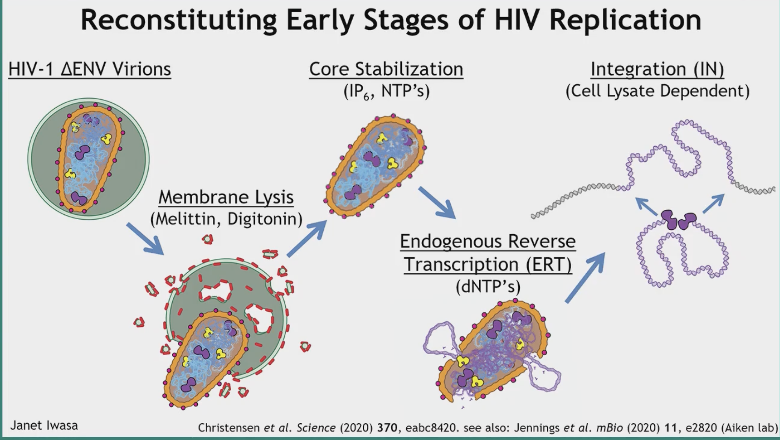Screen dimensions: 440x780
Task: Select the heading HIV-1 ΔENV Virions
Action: click(x=90, y=69)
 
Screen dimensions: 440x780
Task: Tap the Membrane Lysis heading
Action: click(x=226, y=197)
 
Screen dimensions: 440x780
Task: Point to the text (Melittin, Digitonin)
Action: click(x=226, y=219)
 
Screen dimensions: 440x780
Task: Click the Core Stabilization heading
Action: click(x=386, y=69)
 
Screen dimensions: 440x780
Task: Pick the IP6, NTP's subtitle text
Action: click(x=386, y=91)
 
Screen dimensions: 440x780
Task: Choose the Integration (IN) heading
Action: click(x=657, y=69)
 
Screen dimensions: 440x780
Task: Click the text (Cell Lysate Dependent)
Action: click(x=657, y=91)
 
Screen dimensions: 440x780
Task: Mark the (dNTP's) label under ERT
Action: click(x=488, y=287)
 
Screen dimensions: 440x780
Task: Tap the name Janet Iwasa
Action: click(x=44, y=425)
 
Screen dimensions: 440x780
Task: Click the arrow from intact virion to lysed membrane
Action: click(x=145, y=238)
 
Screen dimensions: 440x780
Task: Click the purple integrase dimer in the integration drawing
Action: click(x=678, y=220)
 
